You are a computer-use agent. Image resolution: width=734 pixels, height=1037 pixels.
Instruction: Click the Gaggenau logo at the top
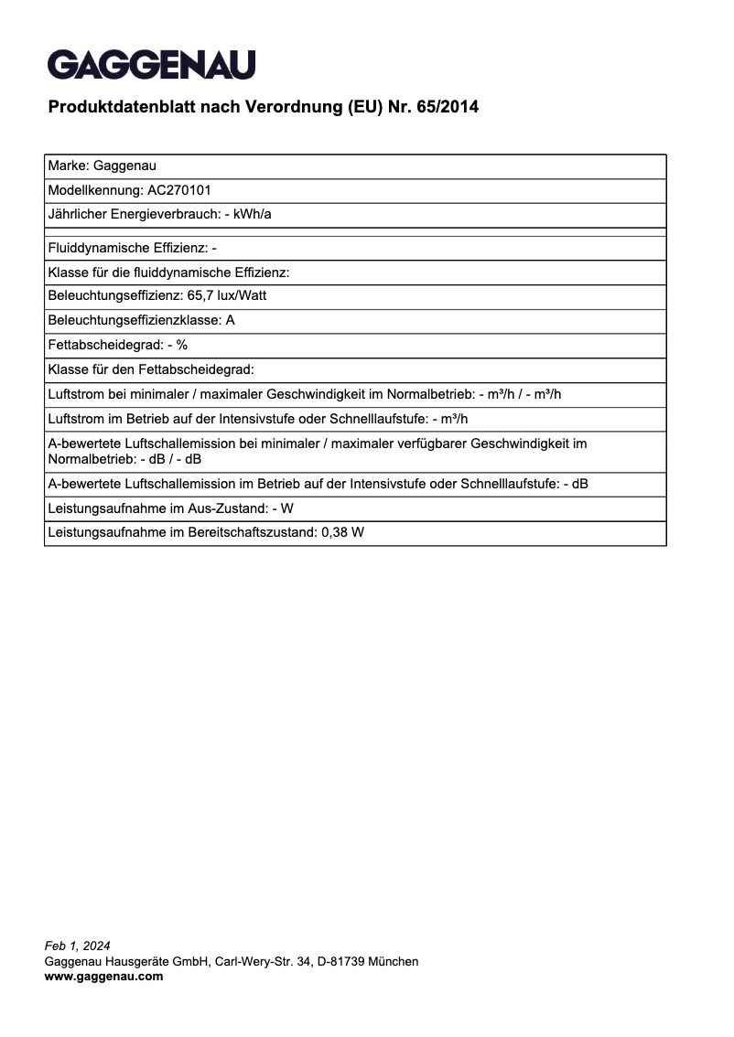[x=151, y=65]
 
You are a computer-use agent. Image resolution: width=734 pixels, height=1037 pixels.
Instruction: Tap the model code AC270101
[x=179, y=191]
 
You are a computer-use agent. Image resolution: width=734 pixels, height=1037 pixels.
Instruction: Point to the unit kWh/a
[x=254, y=215]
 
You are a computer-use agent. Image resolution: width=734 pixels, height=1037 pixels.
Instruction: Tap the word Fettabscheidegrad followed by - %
[x=104, y=345]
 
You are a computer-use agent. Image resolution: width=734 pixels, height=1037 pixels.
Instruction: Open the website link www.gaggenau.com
[x=103, y=977]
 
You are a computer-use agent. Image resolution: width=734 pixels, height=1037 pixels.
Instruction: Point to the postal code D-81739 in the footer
[x=346, y=961]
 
